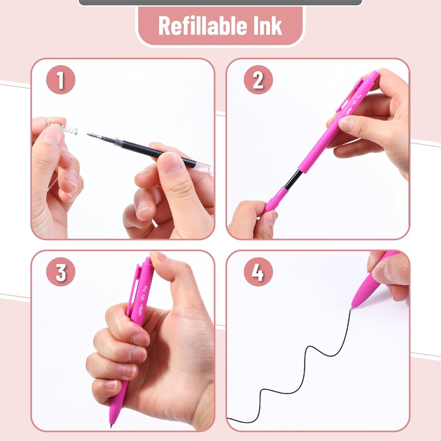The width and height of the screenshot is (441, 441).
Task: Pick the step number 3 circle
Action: point(60,272)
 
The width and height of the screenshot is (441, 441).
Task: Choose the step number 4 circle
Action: point(258,272)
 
